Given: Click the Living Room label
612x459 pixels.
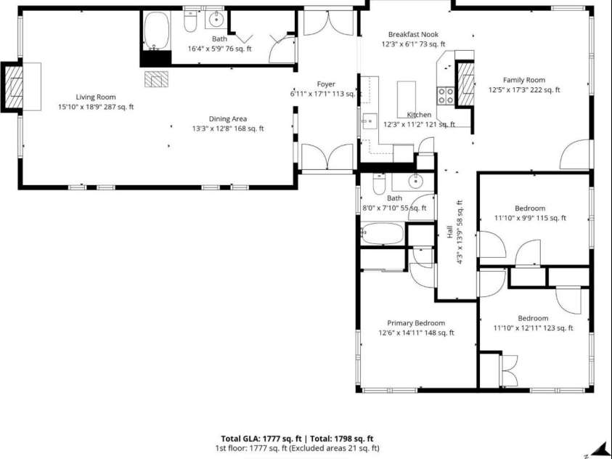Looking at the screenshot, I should [96, 97].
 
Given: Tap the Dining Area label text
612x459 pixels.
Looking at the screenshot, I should [228, 118].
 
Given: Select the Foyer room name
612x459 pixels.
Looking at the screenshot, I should [325, 84].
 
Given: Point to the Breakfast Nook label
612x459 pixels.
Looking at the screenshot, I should [412, 34].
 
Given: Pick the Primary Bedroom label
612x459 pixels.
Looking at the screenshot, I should [415, 323].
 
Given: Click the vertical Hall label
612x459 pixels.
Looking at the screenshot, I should [449, 232].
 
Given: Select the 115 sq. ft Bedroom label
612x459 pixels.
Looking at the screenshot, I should [529, 208].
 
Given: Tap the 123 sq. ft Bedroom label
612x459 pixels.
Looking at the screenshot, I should [532, 318].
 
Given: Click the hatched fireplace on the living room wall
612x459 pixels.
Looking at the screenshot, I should [13, 87].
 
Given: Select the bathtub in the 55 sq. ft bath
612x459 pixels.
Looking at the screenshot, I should [382, 234].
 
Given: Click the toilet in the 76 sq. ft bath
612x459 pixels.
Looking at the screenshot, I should [190, 23].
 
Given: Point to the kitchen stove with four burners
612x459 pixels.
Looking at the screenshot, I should [444, 94].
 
